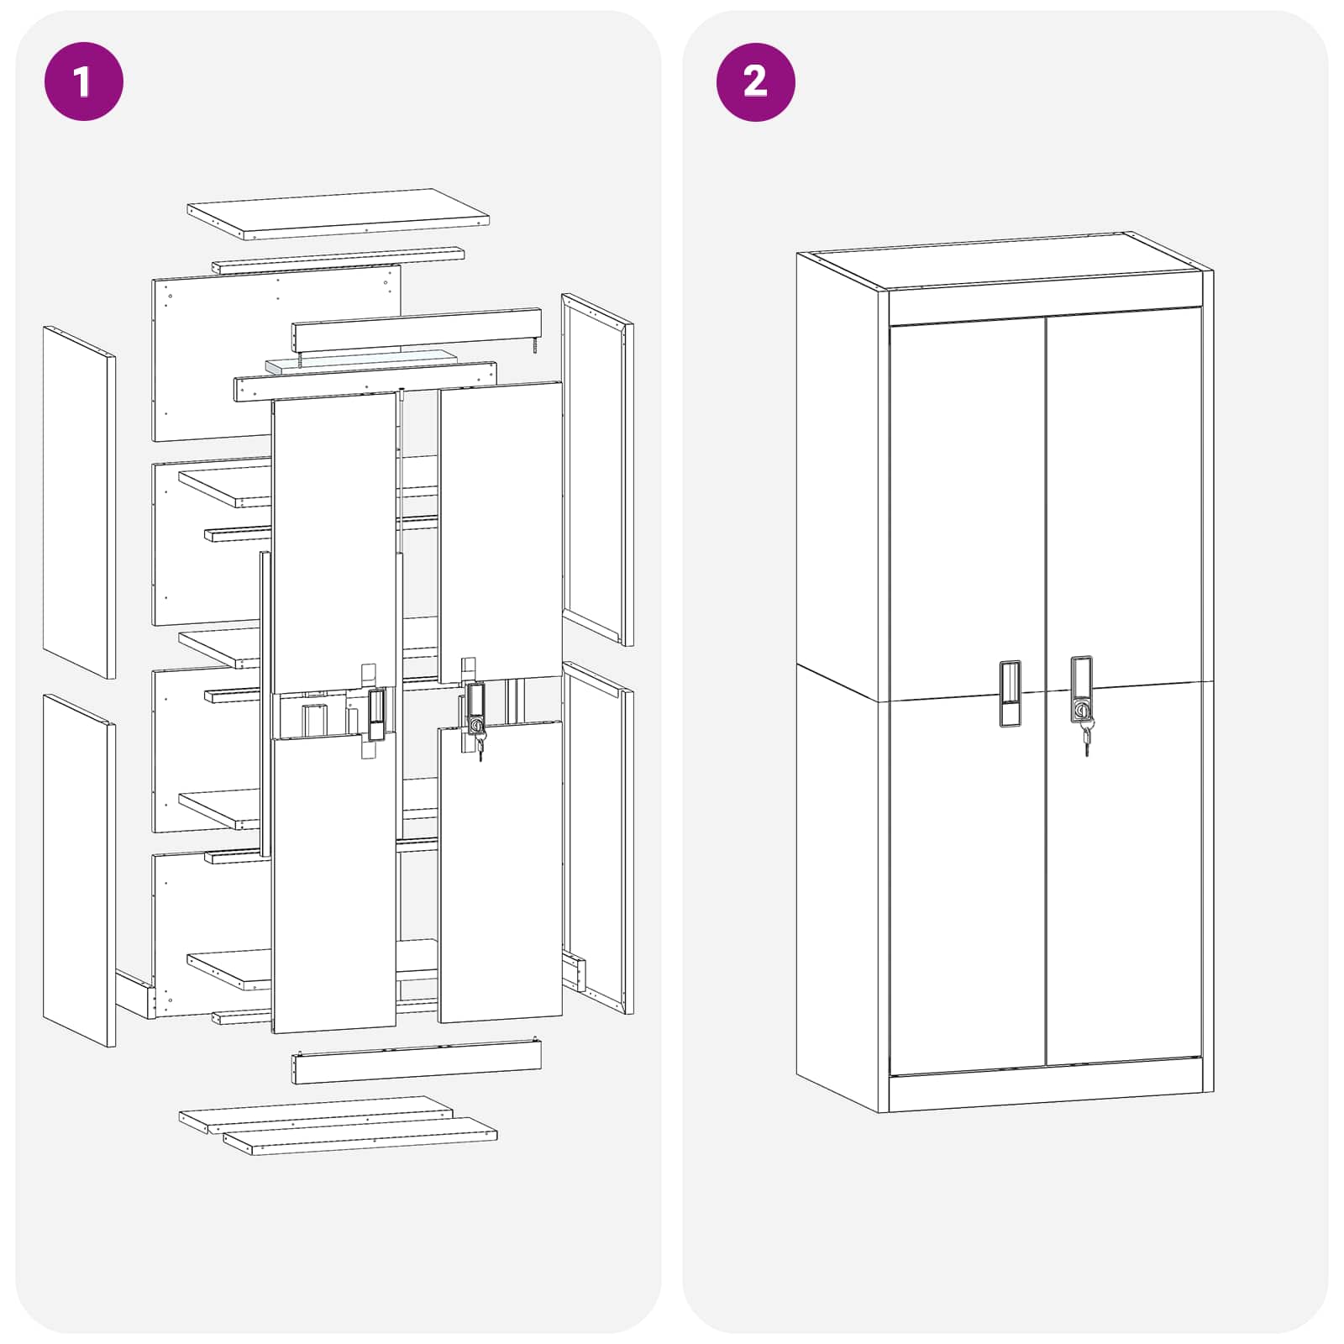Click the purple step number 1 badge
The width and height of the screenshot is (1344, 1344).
click(83, 81)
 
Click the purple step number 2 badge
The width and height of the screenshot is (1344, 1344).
click(755, 81)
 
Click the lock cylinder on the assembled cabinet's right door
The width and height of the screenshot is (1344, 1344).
click(1083, 711)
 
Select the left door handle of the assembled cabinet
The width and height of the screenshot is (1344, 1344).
click(1010, 693)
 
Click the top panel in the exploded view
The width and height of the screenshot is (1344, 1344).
click(338, 213)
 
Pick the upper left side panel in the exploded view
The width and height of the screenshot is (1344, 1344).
click(79, 501)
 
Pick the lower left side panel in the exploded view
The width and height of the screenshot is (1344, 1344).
click(79, 870)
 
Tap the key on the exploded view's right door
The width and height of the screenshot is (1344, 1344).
click(480, 747)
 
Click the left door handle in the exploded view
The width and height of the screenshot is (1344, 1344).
click(376, 714)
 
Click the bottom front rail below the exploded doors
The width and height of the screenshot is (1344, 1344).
click(417, 1064)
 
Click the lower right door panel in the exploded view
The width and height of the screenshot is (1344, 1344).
click(500, 874)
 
